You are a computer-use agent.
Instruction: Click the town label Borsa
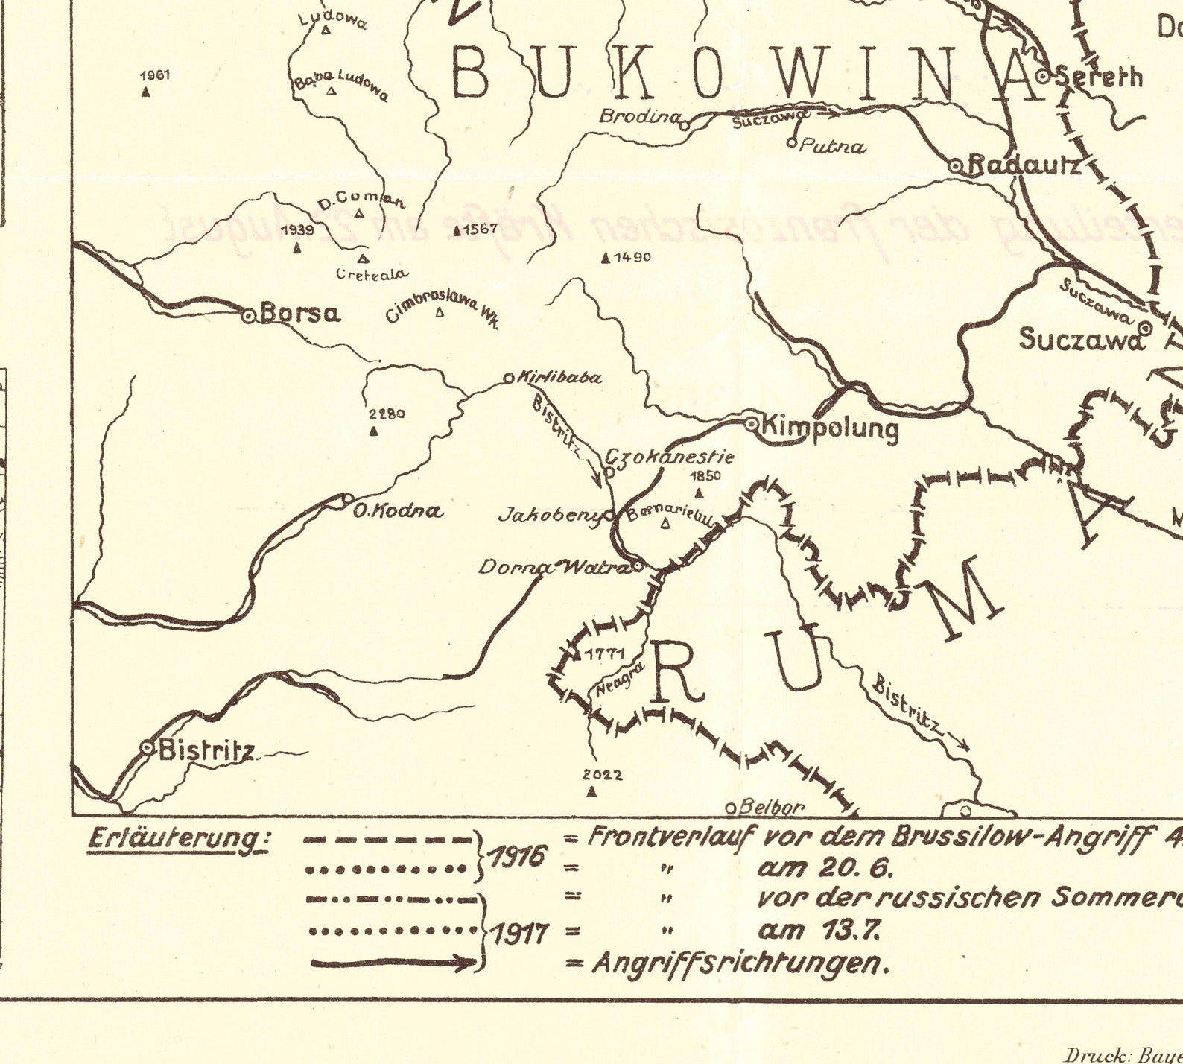point(300,314)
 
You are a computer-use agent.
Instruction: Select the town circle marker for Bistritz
point(148,746)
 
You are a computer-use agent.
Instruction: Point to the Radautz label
point(1024,165)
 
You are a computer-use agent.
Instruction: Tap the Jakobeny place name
point(550,514)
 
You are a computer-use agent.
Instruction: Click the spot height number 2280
point(387,414)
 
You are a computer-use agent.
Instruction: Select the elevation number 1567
point(480,229)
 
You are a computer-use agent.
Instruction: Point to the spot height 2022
point(603,775)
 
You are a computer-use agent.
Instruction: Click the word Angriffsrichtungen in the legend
point(741,964)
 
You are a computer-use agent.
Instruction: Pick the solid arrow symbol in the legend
point(393,963)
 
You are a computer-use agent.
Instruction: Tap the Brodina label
point(639,116)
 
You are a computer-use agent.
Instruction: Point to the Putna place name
point(832,146)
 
